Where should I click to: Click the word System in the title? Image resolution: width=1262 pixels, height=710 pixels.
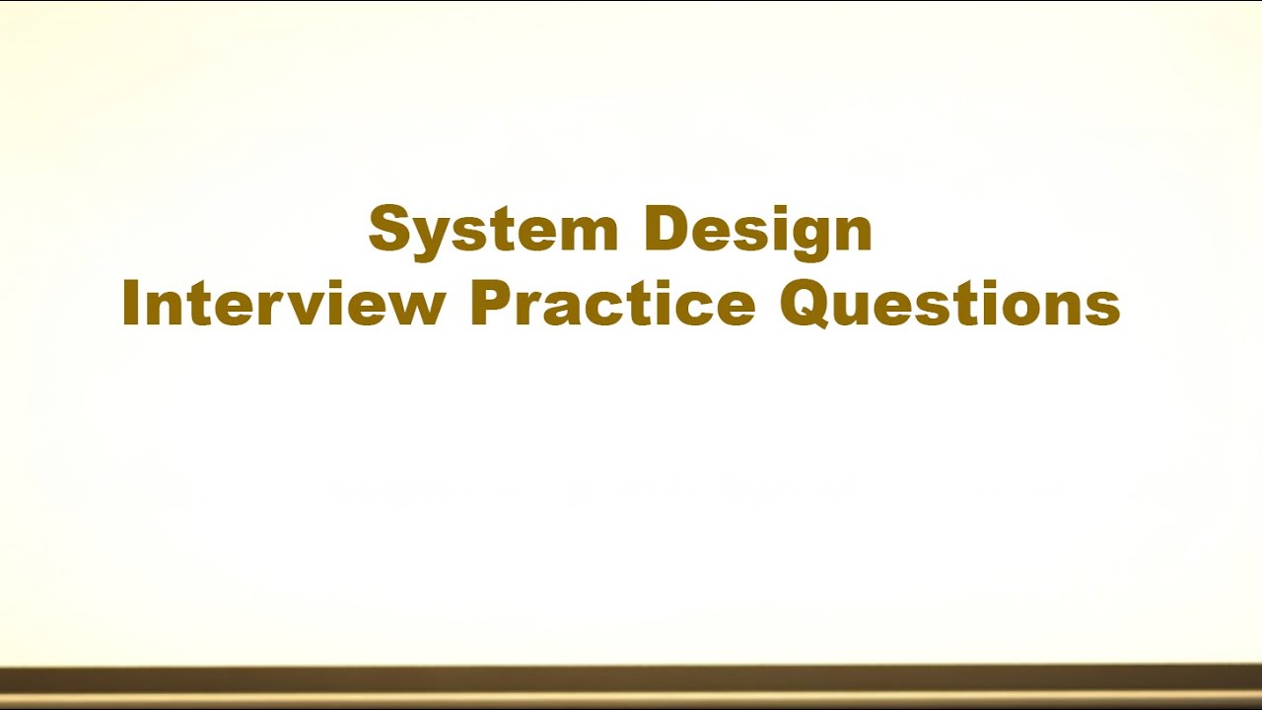coord(493,230)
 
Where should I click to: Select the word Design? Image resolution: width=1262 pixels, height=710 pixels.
coord(757,230)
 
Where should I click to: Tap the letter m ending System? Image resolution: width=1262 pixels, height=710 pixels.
coord(588,235)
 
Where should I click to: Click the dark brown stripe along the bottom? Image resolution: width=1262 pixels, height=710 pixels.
coord(631,680)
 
